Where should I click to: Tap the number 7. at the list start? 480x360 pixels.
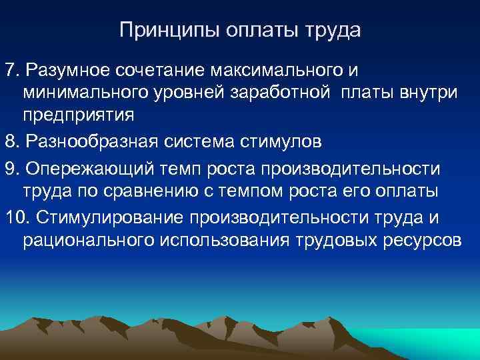(12, 70)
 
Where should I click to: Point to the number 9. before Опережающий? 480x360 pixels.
(12, 167)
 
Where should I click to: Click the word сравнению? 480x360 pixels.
(159, 191)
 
